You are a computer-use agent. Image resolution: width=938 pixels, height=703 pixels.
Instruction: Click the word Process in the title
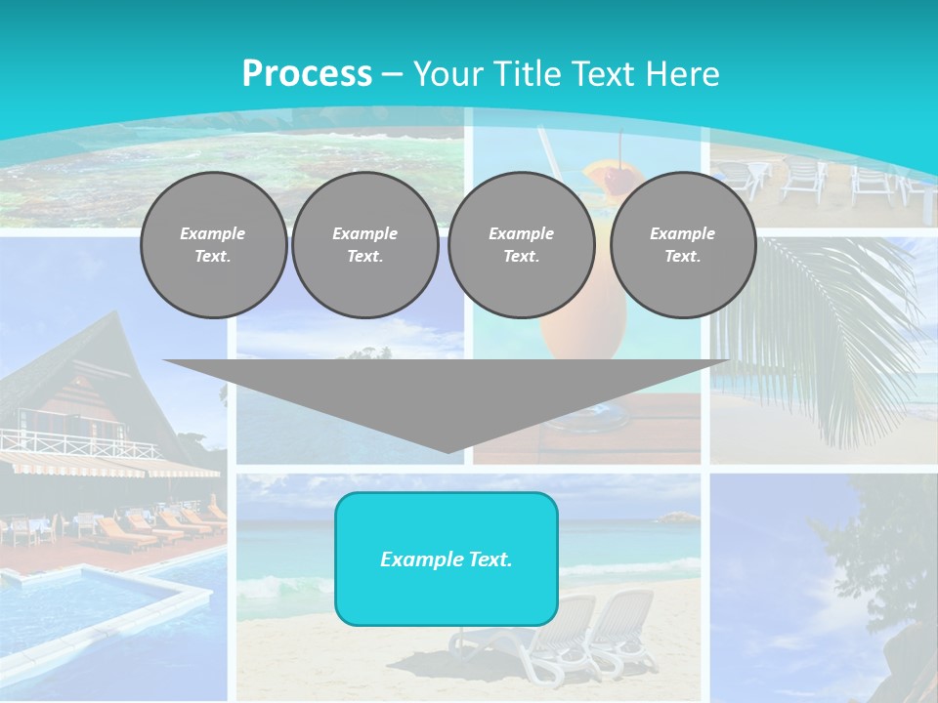[307, 74]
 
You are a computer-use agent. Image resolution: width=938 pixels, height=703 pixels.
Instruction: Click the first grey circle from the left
[213, 245]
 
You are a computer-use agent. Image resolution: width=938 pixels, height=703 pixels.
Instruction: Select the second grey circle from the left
[365, 245]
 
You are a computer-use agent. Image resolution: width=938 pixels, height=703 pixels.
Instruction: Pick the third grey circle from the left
[521, 245]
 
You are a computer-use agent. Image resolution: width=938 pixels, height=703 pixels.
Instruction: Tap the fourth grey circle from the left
[682, 245]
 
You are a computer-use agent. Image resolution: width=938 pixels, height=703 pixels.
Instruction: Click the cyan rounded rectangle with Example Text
[447, 558]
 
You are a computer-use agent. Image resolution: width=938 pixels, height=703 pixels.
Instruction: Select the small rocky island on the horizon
[676, 517]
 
